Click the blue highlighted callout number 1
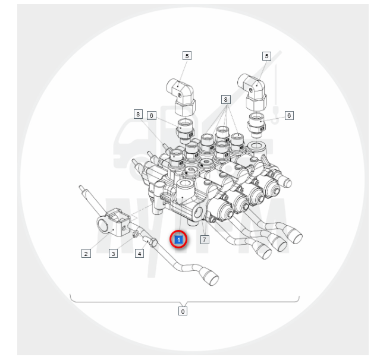coord(178,240)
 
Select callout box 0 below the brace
coord(183,311)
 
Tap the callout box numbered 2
coord(86,254)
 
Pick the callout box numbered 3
coord(113,254)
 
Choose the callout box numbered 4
coord(139,254)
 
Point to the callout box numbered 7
coord(205,239)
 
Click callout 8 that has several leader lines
coord(225,99)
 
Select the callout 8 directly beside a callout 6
coord(138,114)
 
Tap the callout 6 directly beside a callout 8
coord(152,115)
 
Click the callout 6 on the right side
coord(289,115)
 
